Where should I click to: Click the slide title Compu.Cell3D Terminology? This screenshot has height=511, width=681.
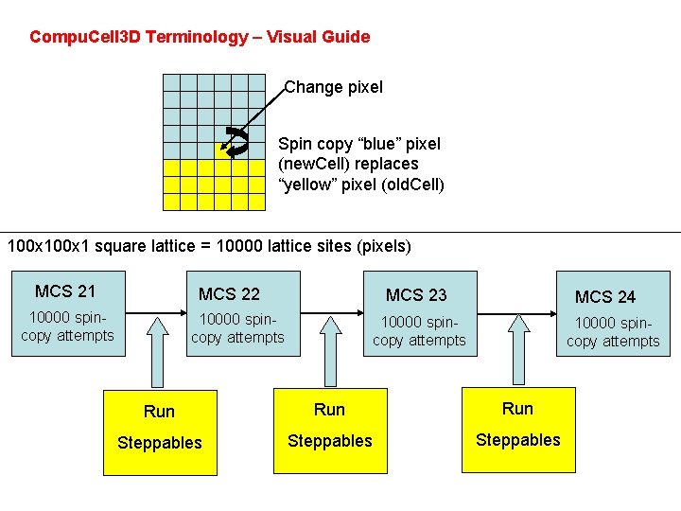(199, 38)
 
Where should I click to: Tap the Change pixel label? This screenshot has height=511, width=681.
(334, 87)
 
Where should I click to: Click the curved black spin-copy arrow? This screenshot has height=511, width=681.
(237, 141)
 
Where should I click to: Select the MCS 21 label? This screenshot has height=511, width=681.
(65, 291)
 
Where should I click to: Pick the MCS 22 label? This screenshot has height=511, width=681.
(229, 294)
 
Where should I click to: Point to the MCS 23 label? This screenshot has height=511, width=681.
(416, 295)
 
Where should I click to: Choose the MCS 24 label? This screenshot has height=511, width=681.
(605, 297)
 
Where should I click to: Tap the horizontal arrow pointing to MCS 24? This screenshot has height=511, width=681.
(515, 313)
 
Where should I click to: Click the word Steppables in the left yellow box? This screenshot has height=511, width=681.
(160, 443)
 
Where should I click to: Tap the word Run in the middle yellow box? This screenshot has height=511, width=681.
(329, 410)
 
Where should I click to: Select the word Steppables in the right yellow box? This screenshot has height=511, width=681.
(518, 440)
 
